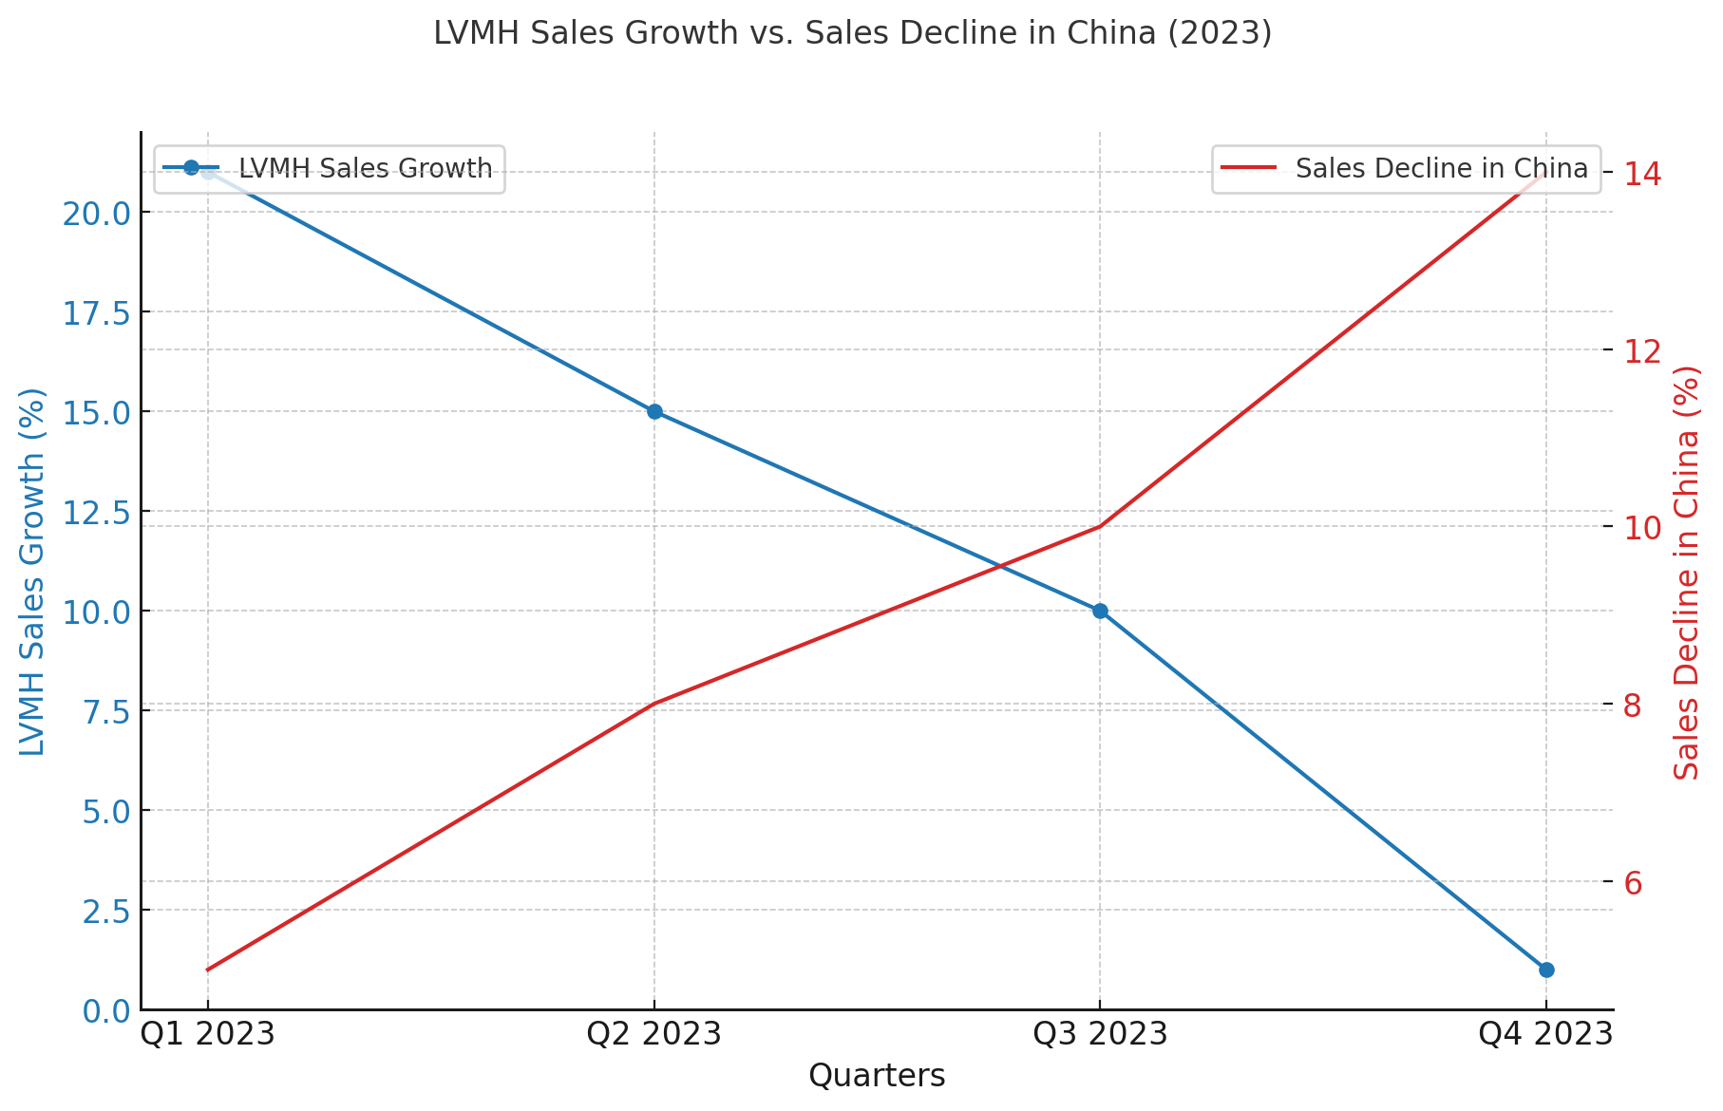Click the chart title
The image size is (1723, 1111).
point(852,33)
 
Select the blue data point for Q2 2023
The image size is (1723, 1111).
point(654,411)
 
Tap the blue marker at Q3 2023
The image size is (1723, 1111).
point(1100,611)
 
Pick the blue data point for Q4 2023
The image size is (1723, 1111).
point(1546,970)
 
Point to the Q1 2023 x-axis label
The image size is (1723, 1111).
point(208,1034)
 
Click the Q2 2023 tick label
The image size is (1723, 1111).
point(654,1034)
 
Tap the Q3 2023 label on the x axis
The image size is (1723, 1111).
point(1100,1034)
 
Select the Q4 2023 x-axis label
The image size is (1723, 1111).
point(1545,1034)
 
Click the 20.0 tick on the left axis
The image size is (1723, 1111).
point(96,213)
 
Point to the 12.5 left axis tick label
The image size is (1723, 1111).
point(96,512)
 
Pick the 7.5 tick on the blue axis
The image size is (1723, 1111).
point(107,711)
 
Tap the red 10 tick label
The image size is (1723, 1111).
point(1641,528)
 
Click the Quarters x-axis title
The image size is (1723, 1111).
point(877,1076)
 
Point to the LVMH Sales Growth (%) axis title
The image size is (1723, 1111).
point(32,572)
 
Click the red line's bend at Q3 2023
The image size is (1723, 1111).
point(1100,526)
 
